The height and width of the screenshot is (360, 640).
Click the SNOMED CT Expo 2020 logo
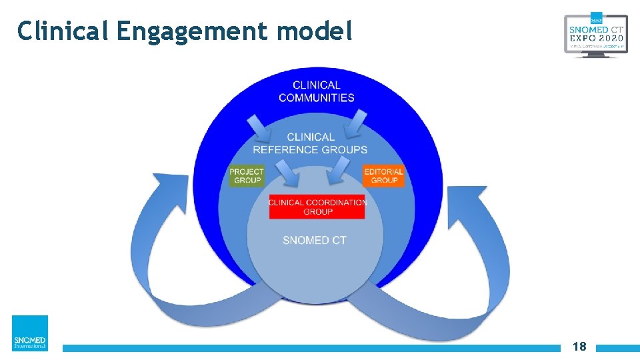point(595,35)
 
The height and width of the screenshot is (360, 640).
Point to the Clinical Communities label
point(316,91)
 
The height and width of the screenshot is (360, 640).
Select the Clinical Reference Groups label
point(310,143)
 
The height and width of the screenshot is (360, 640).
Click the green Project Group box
point(247,176)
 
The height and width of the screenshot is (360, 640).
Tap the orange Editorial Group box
point(384,176)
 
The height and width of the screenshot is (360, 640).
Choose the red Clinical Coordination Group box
point(317,207)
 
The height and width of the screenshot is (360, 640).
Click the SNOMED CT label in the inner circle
point(315,240)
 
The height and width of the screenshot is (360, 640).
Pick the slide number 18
point(579,347)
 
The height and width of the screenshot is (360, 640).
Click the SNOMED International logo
point(30,333)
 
